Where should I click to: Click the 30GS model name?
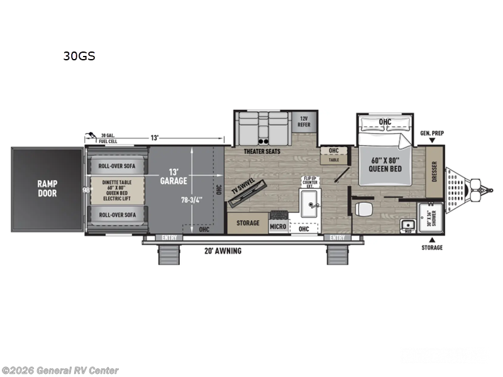[x=79, y=55]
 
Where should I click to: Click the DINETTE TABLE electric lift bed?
[x=118, y=190]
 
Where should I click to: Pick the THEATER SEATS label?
[x=263, y=151]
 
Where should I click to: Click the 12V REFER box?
[x=304, y=121]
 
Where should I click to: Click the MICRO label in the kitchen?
[x=279, y=226]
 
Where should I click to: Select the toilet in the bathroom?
[x=360, y=209]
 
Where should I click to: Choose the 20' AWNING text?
[x=223, y=251]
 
